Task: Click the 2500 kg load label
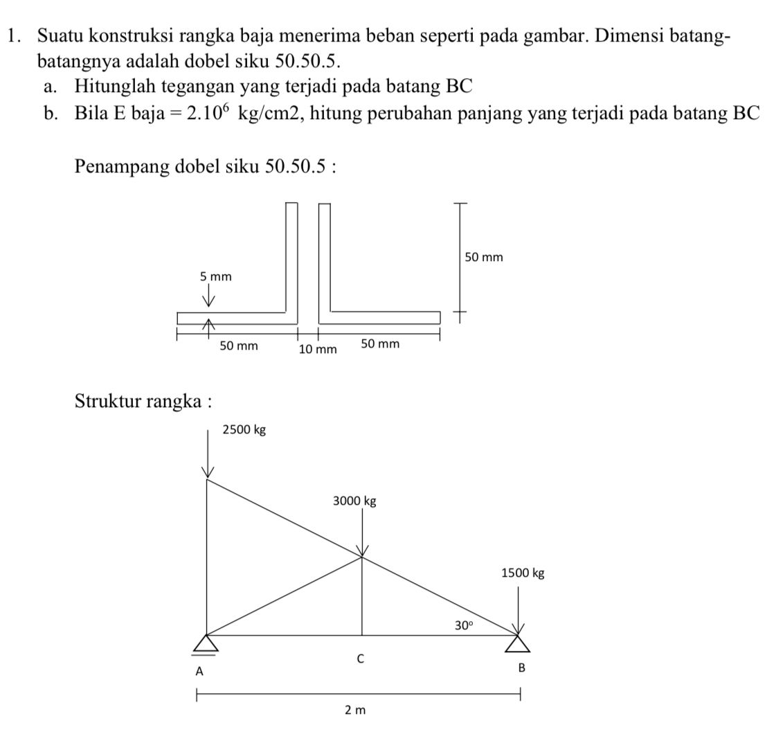[244, 430]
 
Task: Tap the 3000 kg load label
[354, 501]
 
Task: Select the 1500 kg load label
[523, 573]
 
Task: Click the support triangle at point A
[204, 644]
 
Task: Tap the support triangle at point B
[519, 643]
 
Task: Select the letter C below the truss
[360, 659]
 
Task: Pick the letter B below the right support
[522, 668]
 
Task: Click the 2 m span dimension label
[354, 710]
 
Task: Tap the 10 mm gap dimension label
[317, 350]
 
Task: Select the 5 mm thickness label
[215, 277]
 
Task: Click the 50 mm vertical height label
[483, 258]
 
